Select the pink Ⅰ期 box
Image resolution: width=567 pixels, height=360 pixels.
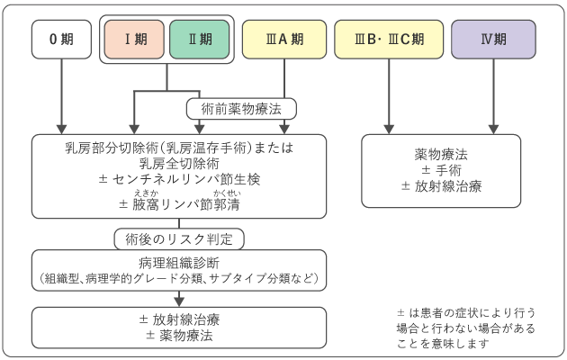[x=134, y=40]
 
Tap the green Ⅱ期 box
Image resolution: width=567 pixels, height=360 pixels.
[x=198, y=40]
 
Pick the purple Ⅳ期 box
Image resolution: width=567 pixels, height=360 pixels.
[x=493, y=40]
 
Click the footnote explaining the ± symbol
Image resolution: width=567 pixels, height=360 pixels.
[x=464, y=328]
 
